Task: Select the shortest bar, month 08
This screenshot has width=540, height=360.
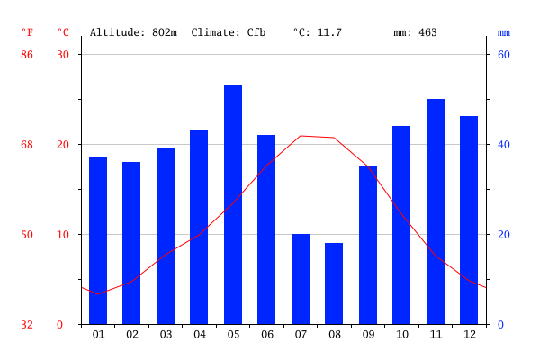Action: click(x=334, y=283)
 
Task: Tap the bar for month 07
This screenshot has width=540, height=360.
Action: click(x=301, y=279)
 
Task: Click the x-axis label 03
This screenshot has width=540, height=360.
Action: click(x=166, y=335)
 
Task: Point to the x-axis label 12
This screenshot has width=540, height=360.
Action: click(x=469, y=335)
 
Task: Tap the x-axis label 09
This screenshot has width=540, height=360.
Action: click(x=368, y=335)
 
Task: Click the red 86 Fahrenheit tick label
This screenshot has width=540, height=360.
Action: click(x=27, y=55)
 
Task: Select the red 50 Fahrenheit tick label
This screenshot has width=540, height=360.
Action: click(x=27, y=235)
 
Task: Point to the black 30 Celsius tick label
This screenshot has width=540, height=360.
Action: click(x=63, y=55)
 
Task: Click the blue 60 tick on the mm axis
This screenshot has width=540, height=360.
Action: click(x=504, y=55)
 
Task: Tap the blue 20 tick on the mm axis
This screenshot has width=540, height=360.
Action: click(x=504, y=235)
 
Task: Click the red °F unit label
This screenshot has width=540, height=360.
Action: click(x=27, y=32)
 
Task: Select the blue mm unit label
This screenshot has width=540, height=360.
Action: click(x=503, y=32)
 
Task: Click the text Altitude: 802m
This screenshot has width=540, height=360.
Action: click(x=133, y=32)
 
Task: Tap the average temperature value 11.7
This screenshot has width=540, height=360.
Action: click(x=330, y=32)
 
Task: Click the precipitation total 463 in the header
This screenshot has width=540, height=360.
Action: click(x=427, y=32)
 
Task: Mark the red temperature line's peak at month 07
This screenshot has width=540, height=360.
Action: click(x=301, y=136)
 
